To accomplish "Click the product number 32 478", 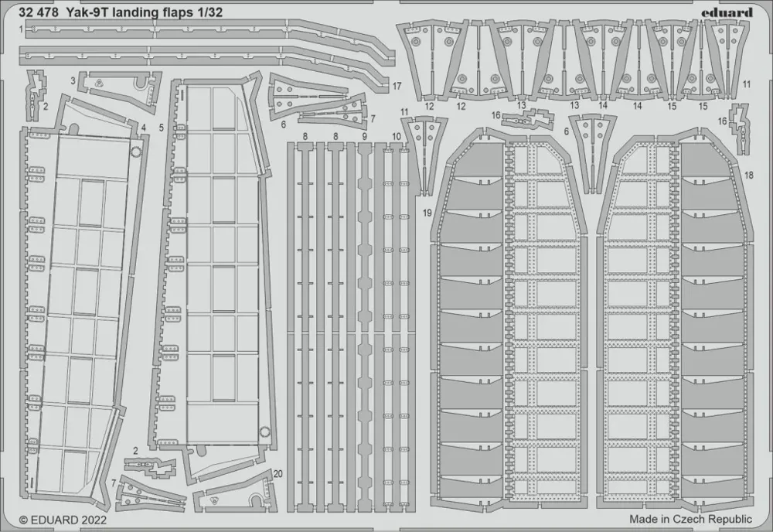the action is pos(39,12).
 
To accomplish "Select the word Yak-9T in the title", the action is pos(83,12).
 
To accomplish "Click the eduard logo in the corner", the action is pos(731,12).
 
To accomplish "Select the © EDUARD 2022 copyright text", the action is pos(63,519).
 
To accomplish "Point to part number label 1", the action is pos(21,29).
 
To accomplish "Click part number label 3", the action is pos(73,80).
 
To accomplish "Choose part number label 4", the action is pos(144,128).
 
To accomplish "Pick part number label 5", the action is pos(162,128).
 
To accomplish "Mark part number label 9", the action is pos(364,135).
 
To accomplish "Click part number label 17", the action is pos(397,87).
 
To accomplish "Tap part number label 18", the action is pos(749,175).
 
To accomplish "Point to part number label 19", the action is pos(427,213).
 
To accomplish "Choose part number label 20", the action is pos(278,474).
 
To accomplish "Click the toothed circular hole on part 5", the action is pos(265,432).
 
